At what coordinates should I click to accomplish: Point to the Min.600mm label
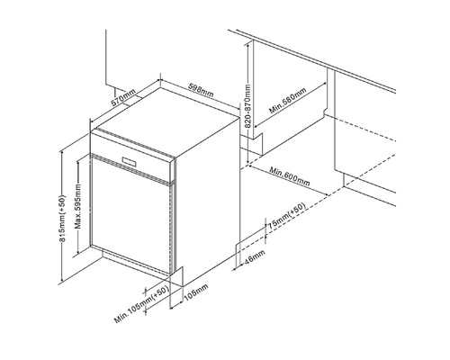coord(289,178)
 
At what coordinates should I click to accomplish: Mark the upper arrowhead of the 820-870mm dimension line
coord(246,43)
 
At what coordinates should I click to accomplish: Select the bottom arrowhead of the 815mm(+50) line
coord(67,277)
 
